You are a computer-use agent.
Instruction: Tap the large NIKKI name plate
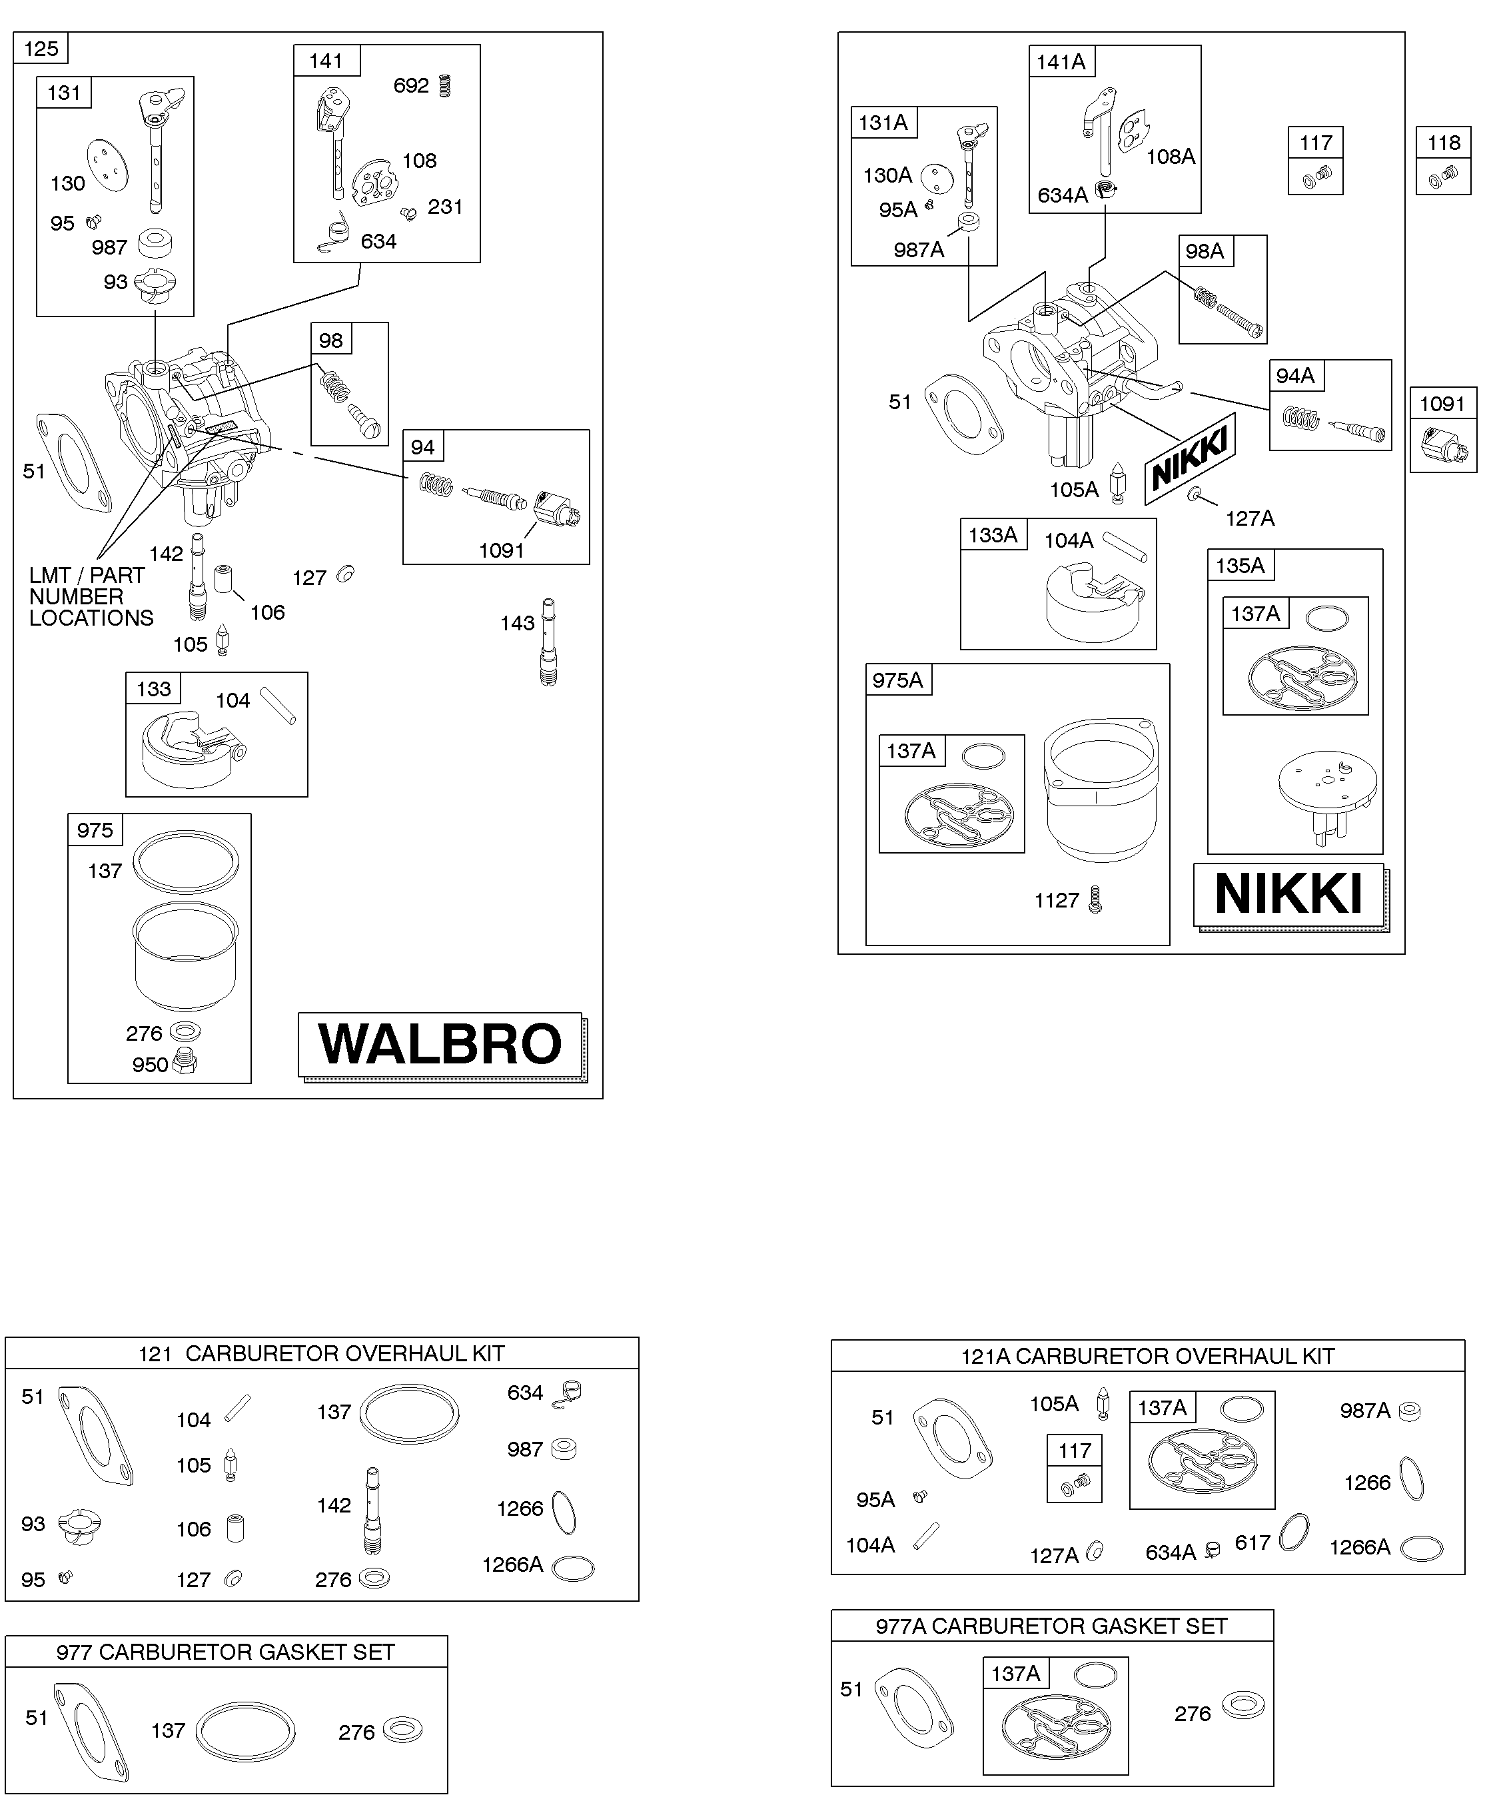click(x=1288, y=894)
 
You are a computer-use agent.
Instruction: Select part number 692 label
click(x=411, y=86)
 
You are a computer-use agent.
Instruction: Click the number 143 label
click(x=518, y=623)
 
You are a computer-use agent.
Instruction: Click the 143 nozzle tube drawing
click(x=549, y=642)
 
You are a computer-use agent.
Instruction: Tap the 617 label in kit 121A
click(x=1252, y=1543)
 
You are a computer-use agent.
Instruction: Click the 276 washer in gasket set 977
click(x=402, y=1730)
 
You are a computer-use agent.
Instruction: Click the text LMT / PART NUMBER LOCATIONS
click(x=91, y=596)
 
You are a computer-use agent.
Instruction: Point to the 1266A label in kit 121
click(x=512, y=1564)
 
